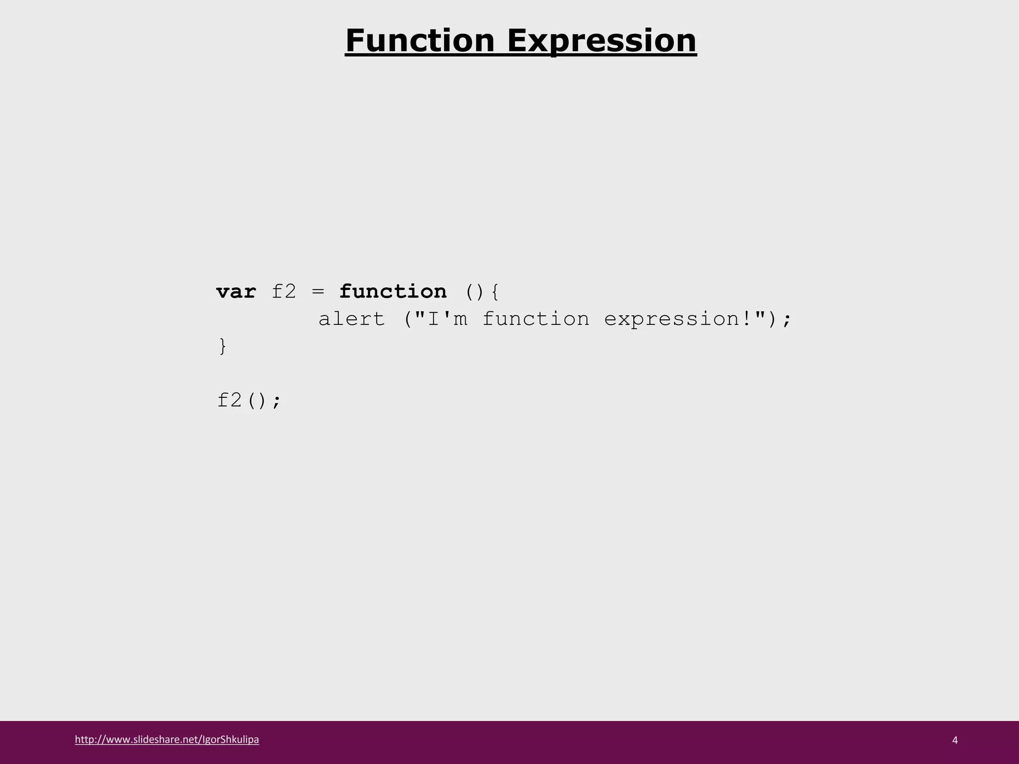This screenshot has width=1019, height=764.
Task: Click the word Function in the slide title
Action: pos(420,40)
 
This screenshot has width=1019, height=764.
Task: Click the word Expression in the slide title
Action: pos(602,40)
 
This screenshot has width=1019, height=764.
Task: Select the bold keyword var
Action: pos(236,291)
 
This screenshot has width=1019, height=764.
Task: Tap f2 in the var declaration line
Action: pos(284,291)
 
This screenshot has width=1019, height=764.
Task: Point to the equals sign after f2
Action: pos(318,292)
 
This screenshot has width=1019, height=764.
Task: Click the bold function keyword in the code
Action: pos(393,291)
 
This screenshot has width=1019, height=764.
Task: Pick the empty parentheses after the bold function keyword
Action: pos(475,292)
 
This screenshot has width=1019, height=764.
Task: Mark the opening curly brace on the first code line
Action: pos(495,292)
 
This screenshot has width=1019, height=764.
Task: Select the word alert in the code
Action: pos(352,319)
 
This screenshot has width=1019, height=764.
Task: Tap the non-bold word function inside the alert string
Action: pos(536,319)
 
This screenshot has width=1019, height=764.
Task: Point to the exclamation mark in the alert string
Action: pos(746,319)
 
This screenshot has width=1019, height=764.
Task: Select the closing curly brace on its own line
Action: pos(222,346)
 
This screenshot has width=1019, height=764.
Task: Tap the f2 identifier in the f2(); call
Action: pos(229,400)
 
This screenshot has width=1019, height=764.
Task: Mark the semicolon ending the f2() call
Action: pos(277,401)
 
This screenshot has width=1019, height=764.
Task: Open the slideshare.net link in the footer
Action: pos(167,740)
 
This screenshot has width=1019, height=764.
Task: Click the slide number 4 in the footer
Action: pos(955,740)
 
